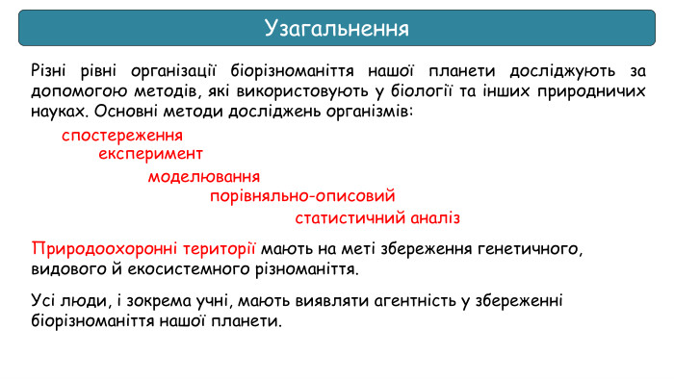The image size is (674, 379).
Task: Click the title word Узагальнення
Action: coord(336,28)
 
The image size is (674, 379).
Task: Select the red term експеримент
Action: coord(150,154)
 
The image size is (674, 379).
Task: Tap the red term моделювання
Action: coord(203,177)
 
